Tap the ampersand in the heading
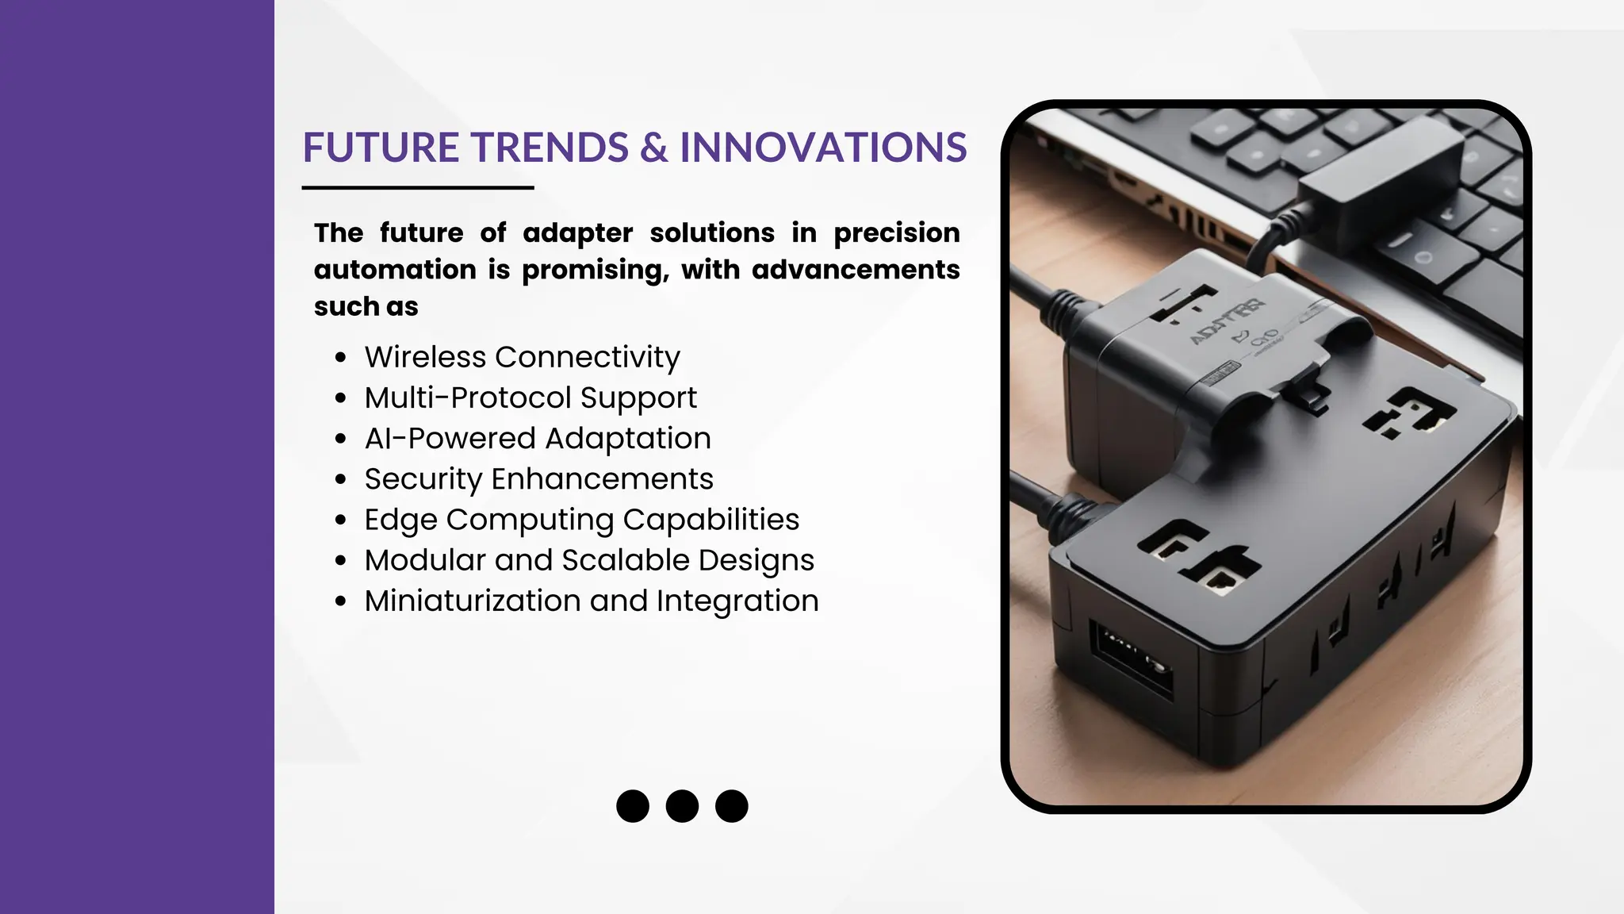pyautogui.click(x=654, y=148)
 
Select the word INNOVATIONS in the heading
pyautogui.click(x=823, y=148)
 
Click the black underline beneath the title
pyautogui.click(x=417, y=188)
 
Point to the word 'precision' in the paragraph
pyautogui.click(x=896, y=232)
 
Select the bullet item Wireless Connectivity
pyautogui.click(x=522, y=357)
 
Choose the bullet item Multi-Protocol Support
pyautogui.click(x=530, y=397)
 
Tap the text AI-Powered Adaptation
pyautogui.click(x=538, y=438)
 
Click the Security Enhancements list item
pyautogui.click(x=538, y=478)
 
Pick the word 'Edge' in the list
pyautogui.click(x=400, y=520)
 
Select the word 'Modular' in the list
pyautogui.click(x=425, y=560)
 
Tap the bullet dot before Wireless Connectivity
pyautogui.click(x=341, y=358)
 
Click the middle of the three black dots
pyautogui.click(x=682, y=806)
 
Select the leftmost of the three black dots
pyautogui.click(x=633, y=806)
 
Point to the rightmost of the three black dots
pyautogui.click(x=731, y=806)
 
